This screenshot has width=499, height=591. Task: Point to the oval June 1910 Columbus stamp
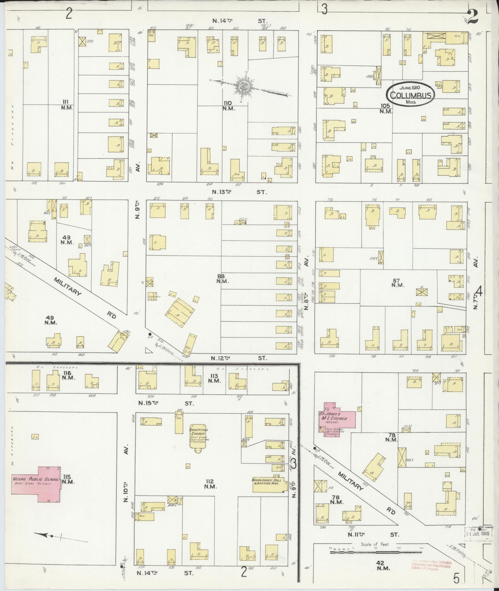pos(411,94)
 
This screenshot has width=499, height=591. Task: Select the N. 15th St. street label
pos(166,403)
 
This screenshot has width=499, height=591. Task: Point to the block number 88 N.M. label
pos(222,279)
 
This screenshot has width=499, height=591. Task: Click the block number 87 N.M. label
pos(398,283)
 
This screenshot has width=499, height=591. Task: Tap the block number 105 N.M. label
pos(386,108)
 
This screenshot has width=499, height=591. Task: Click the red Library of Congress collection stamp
pos(431,566)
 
